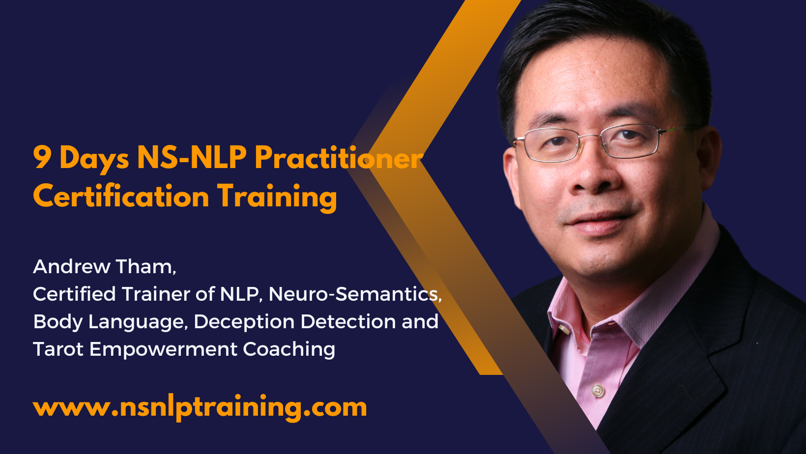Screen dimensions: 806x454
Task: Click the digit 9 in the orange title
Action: [x=42, y=157]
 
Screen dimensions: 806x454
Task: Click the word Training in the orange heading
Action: [x=277, y=197]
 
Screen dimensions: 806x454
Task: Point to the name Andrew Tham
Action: [x=105, y=267]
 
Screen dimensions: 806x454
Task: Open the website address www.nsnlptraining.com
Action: [x=200, y=408]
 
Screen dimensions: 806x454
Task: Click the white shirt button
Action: [x=598, y=390]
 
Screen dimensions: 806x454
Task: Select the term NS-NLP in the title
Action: [x=192, y=157]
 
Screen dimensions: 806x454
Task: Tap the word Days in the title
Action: [x=94, y=159]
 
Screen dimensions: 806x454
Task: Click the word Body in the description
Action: [x=58, y=322]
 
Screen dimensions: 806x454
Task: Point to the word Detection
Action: [x=348, y=321]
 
